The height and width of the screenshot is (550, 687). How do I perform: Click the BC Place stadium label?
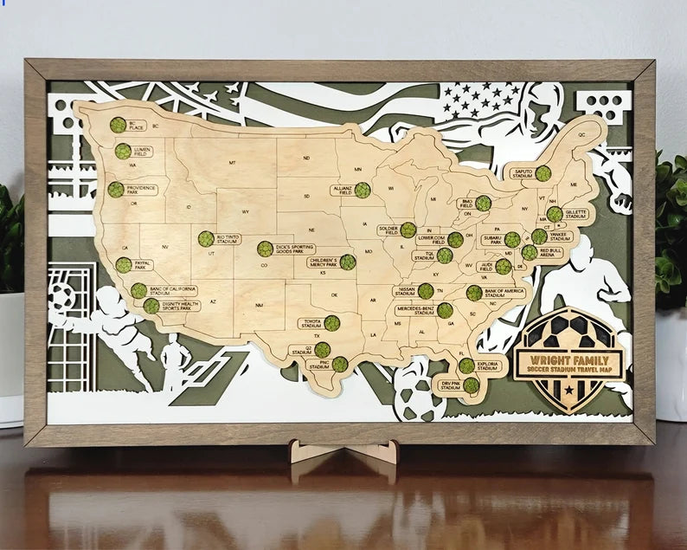(x=137, y=125)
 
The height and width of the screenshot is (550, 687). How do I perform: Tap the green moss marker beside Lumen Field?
(x=123, y=152)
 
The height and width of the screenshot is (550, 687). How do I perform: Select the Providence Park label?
(x=141, y=189)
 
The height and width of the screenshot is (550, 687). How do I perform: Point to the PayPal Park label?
(x=143, y=265)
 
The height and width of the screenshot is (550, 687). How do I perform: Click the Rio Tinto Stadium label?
(x=228, y=238)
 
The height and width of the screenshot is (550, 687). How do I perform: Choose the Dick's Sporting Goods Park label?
(x=295, y=249)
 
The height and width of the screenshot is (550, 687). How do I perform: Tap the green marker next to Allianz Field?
(x=362, y=190)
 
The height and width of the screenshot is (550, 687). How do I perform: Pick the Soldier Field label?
(x=387, y=230)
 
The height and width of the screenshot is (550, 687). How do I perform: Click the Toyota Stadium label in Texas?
(x=311, y=323)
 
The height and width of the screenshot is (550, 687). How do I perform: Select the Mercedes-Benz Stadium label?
(x=414, y=310)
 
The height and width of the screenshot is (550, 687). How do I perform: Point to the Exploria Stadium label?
(x=488, y=366)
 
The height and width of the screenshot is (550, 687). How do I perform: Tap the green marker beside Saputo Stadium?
(x=543, y=173)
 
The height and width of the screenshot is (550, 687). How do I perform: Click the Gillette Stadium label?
(x=576, y=213)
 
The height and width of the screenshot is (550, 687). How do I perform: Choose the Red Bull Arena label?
(x=551, y=253)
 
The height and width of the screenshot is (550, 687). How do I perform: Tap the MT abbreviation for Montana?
(x=232, y=162)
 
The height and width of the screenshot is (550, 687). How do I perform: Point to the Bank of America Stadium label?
(x=504, y=293)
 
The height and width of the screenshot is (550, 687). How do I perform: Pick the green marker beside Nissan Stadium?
(x=426, y=291)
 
